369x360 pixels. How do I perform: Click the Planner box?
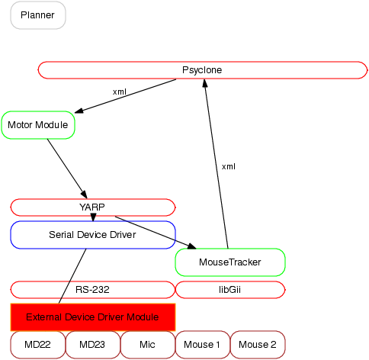coord(38,15)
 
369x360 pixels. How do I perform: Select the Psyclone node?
coord(203,70)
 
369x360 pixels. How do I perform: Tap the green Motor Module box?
coord(38,125)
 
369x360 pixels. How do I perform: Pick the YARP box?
coord(93,207)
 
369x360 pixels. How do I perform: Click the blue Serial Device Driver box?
coord(93,235)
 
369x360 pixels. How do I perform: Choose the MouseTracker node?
coord(230,262)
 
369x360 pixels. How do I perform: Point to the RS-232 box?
coord(93,290)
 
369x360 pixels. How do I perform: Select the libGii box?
coord(230,290)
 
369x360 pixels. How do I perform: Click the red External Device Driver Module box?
coord(93,317)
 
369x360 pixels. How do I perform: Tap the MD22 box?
coord(38,345)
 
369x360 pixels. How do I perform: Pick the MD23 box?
coord(92,345)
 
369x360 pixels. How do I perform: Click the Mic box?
coord(148,345)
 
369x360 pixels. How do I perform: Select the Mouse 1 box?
coord(203,345)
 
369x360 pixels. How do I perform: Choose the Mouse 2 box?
coord(258,345)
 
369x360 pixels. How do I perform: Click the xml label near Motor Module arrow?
coord(120,92)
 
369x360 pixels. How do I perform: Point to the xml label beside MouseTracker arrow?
coord(229,167)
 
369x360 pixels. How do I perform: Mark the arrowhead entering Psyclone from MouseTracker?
coord(205,83)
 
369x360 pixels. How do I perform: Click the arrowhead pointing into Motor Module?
coord(79,111)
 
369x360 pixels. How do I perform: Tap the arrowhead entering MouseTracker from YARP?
coord(192,246)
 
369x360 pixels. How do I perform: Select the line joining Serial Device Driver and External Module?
coord(72,276)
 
